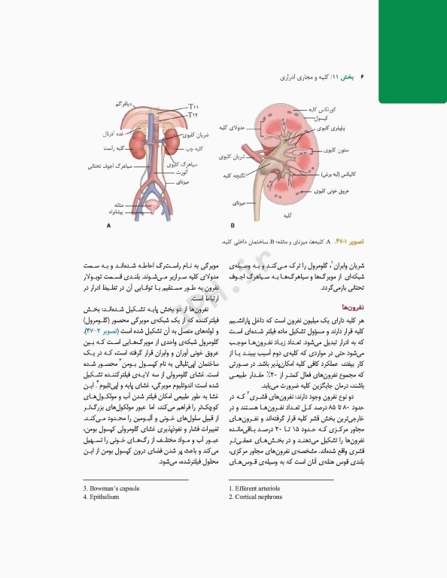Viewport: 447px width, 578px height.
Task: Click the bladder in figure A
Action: pyautogui.click(x=154, y=205)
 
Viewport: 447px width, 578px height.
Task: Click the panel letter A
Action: pyautogui.click(x=110, y=226)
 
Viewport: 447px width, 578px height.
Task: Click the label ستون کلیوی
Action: pyautogui.click(x=336, y=151)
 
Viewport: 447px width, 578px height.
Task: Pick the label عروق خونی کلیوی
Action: pyautogui.click(x=330, y=191)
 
